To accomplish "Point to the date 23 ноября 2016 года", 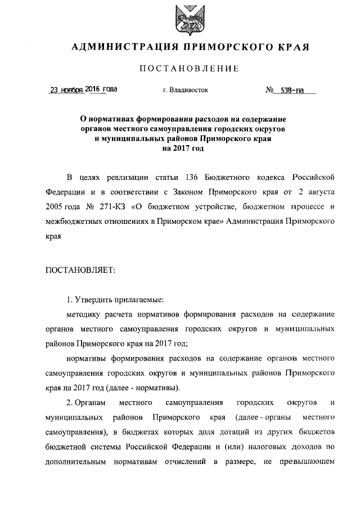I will (84, 89).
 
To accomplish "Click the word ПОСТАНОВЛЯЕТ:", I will (80, 271).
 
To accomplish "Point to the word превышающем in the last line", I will (304, 461).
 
